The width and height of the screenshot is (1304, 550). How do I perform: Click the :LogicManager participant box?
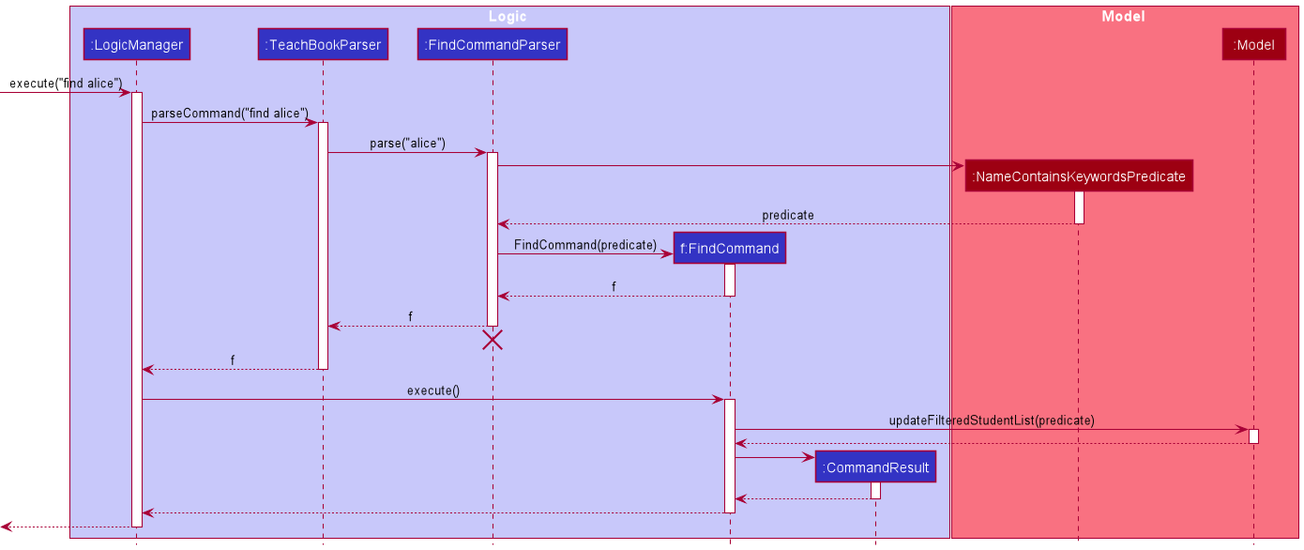(x=136, y=44)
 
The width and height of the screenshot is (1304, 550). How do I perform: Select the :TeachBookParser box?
(x=323, y=44)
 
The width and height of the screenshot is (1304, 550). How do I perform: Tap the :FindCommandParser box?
(x=493, y=44)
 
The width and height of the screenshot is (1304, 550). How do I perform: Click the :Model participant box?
(x=1253, y=44)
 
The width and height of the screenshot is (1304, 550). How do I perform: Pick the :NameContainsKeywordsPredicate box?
(x=1079, y=176)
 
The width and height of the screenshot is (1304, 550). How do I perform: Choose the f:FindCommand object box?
(x=729, y=249)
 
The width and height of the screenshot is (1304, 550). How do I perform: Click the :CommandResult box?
(x=875, y=467)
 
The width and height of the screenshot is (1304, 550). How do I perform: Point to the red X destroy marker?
(x=493, y=340)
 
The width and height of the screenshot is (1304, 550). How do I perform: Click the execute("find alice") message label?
(x=66, y=84)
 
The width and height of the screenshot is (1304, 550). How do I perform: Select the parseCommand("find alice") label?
(x=230, y=114)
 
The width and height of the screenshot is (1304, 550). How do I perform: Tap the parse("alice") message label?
(x=407, y=144)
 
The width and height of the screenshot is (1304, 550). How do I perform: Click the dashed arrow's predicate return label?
(x=788, y=215)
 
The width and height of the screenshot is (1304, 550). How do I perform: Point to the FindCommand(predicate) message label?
(x=585, y=245)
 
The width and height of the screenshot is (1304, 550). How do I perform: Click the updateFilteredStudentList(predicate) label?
(x=992, y=420)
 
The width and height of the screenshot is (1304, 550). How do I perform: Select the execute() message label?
(x=432, y=390)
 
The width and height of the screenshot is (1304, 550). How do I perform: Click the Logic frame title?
(x=508, y=16)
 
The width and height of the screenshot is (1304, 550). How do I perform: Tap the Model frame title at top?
(x=1123, y=16)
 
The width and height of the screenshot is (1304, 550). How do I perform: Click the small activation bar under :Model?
(x=1253, y=436)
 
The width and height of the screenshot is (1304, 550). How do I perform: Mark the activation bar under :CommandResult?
(x=875, y=490)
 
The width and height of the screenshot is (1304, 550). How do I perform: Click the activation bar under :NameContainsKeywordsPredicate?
(x=1079, y=207)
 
